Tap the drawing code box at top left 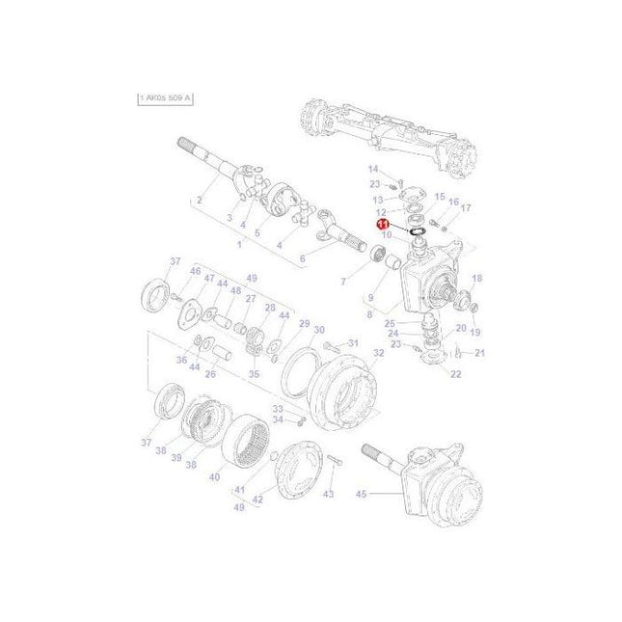tap(165, 98)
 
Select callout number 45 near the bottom tap(362, 495)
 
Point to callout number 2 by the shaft tap(199, 201)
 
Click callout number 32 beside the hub tap(379, 353)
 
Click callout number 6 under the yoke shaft tap(302, 258)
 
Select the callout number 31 tap(352, 343)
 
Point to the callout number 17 tap(466, 207)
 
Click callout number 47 tap(208, 279)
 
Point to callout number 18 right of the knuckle tap(476, 278)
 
